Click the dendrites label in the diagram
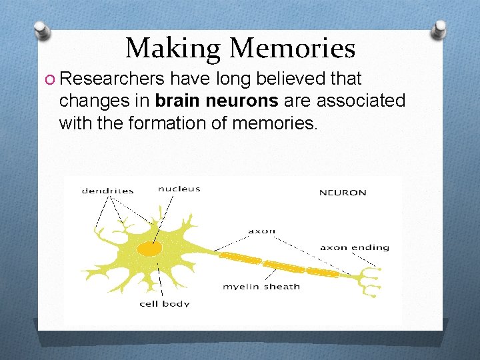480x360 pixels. [107, 191]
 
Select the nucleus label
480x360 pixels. [179, 189]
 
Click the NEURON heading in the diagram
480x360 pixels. [343, 193]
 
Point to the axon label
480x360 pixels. [261, 231]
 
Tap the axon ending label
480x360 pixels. [354, 247]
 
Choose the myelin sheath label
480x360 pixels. [261, 287]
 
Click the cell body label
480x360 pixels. [164, 304]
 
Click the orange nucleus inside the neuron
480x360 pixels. [149, 249]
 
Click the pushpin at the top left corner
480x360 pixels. [43, 30]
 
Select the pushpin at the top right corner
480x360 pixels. [439, 29]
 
